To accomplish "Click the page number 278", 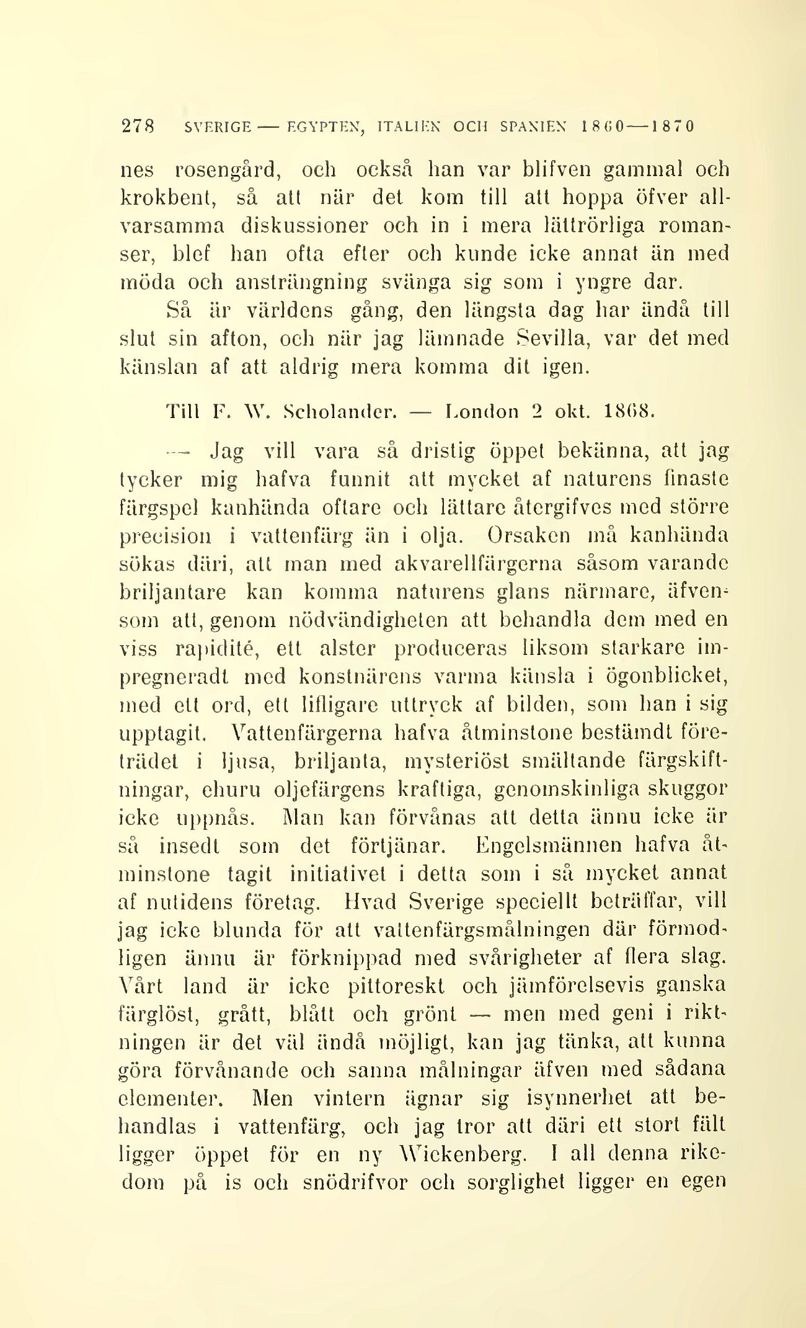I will pos(136,127).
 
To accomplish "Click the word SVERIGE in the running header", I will pos(218,127).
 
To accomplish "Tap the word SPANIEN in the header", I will pos(533,127).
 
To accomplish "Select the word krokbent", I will pos(167,198).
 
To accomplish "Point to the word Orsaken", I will pos(529,535).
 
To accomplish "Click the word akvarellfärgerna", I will pos(478,564).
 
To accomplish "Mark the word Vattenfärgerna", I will pos(305,733).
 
